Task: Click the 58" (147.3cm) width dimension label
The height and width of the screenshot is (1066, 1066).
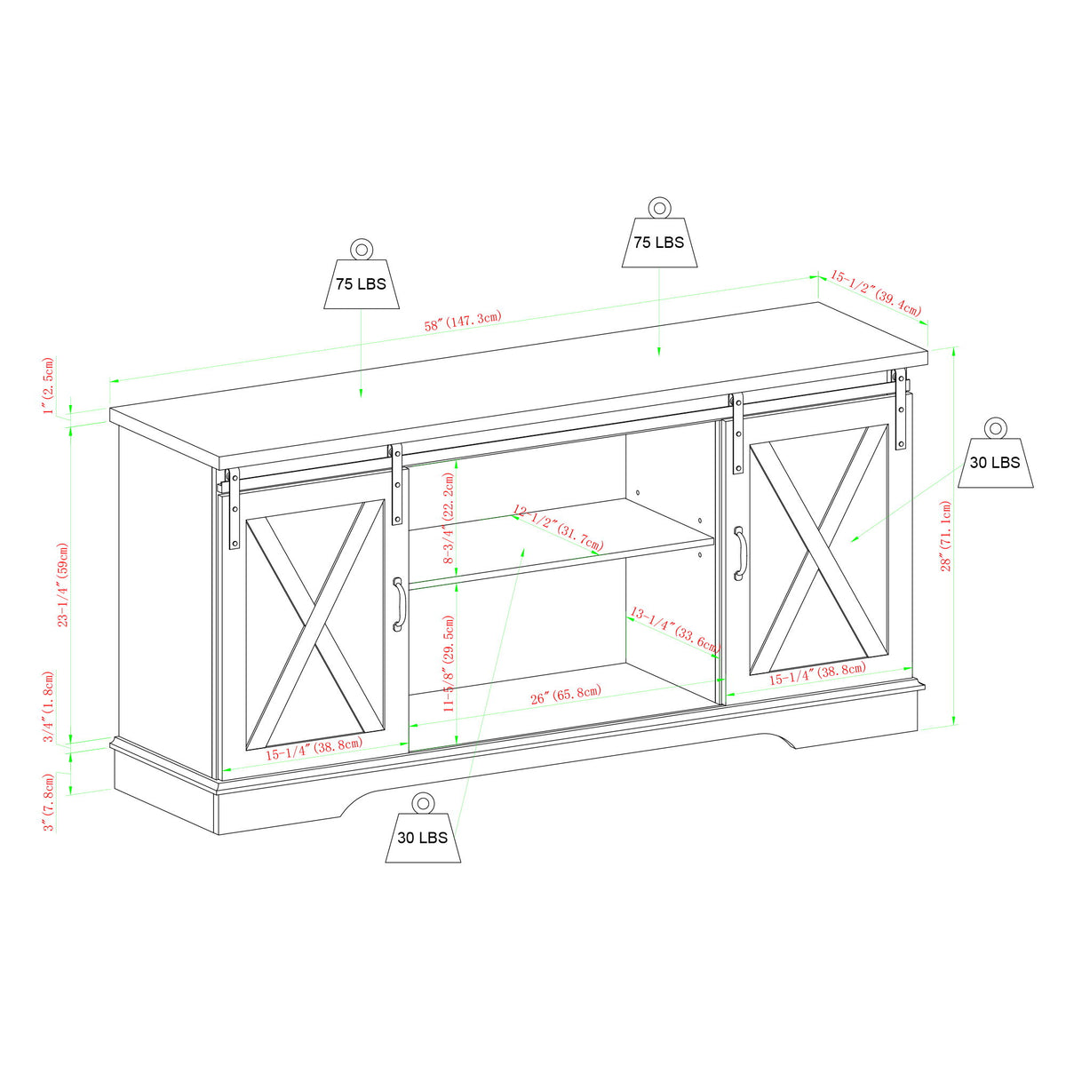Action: tap(463, 321)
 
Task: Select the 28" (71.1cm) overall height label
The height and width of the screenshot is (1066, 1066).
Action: tap(947, 535)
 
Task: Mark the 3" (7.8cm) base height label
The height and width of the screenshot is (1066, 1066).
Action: tap(50, 801)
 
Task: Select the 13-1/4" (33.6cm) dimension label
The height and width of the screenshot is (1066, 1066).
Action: tap(673, 630)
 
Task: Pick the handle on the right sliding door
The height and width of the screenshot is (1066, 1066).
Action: tap(739, 553)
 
